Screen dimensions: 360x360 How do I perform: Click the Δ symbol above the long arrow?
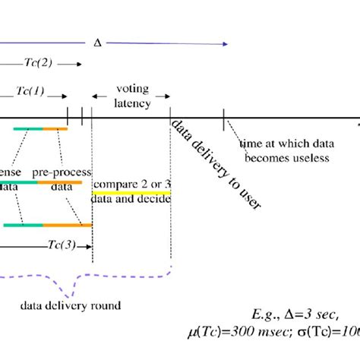(x=96, y=43)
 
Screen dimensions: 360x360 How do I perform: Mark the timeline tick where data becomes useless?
(x=223, y=119)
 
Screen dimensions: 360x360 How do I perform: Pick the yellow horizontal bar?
(x=131, y=193)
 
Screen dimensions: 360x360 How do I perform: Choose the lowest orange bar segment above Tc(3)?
(x=67, y=225)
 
